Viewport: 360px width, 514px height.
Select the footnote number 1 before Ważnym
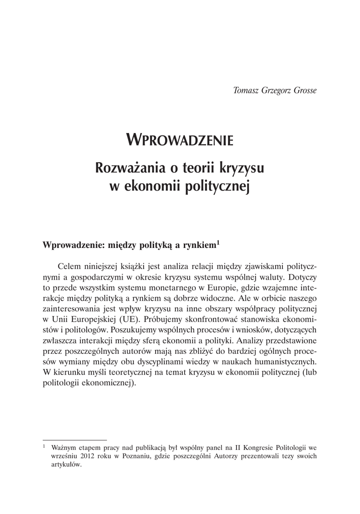point(44,445)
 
